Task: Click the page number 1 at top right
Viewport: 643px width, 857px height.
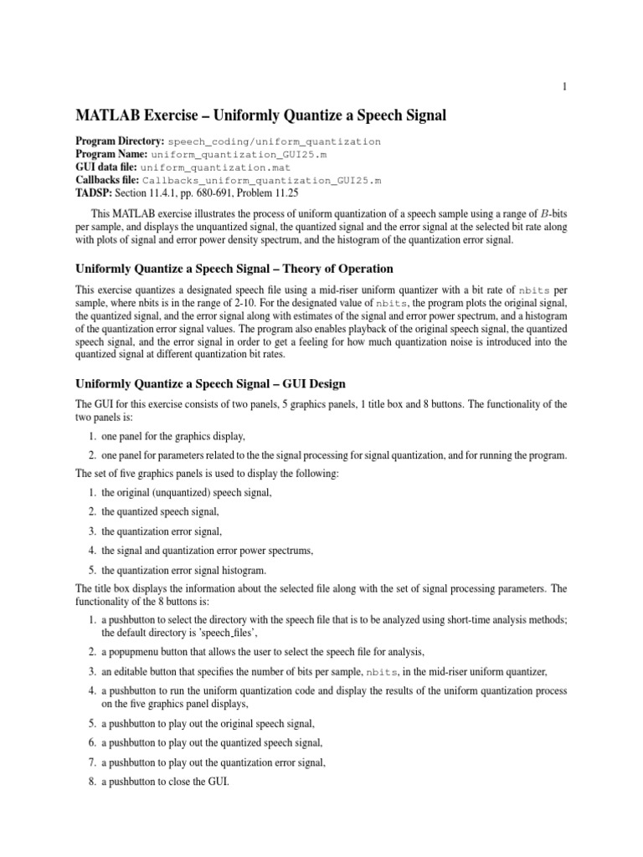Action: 565,87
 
